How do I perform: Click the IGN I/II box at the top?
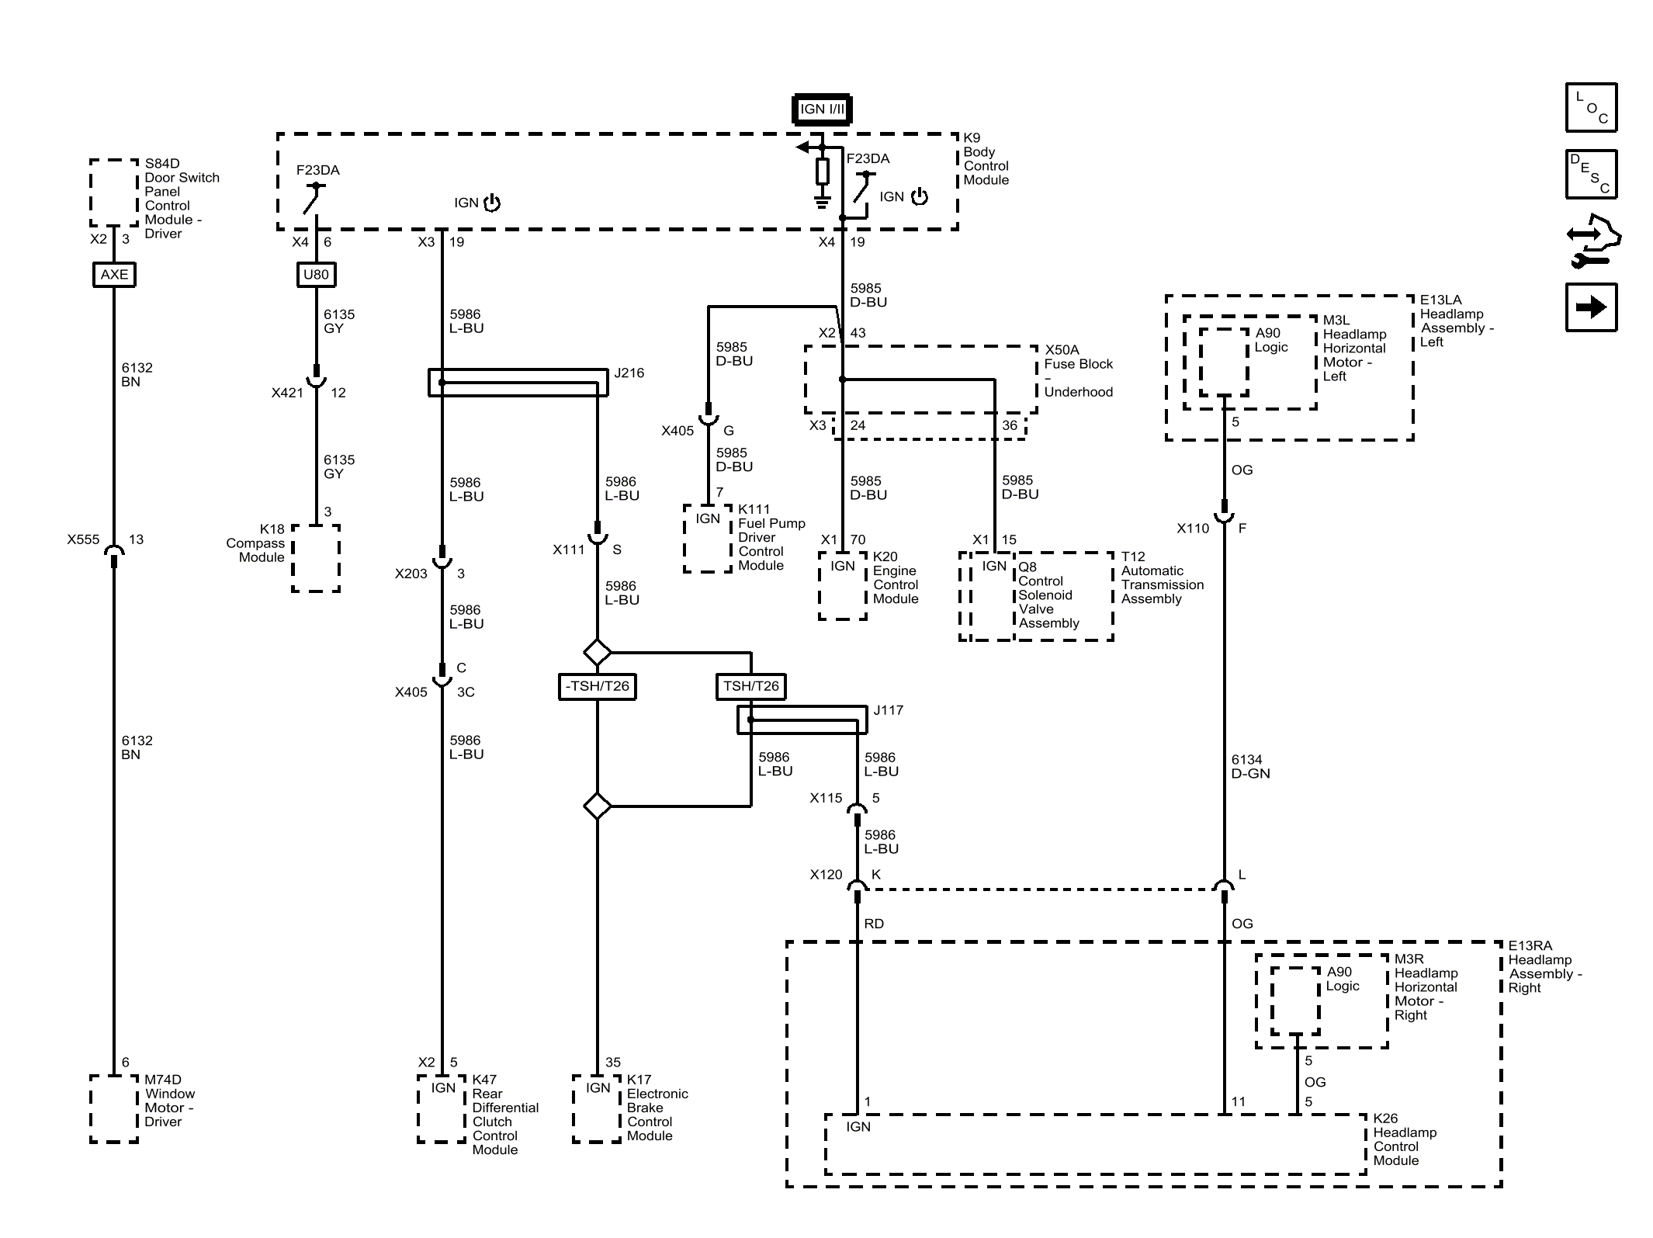[822, 109]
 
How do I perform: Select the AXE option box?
[114, 275]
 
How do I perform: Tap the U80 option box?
[316, 275]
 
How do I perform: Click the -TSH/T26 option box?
[597, 686]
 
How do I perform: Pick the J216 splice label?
[629, 373]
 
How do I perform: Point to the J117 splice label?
[888, 710]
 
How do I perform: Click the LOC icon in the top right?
[1591, 107]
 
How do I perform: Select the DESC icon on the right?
[1591, 174]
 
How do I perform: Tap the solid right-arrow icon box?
[1591, 307]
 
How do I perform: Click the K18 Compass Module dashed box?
[316, 558]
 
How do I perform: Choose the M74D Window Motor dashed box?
[114, 1108]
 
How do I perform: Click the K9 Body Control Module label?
[986, 159]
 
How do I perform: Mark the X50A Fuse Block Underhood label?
[1078, 371]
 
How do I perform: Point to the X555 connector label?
[83, 539]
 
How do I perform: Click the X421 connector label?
[287, 393]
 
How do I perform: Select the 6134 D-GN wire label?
[1250, 766]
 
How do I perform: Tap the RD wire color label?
[874, 924]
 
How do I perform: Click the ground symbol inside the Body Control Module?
[822, 203]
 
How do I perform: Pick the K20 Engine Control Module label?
[896, 577]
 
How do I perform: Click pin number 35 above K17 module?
[613, 1062]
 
